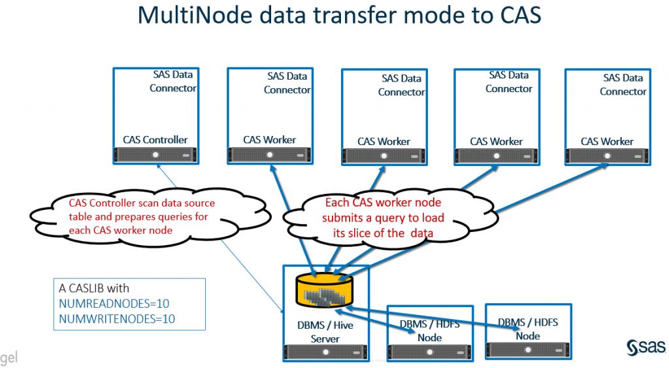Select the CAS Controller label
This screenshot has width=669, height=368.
155,139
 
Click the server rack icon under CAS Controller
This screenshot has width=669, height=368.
155,155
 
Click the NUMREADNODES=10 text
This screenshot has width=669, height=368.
114,304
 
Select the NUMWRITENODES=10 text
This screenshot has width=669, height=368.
117,319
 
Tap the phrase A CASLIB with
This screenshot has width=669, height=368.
94,288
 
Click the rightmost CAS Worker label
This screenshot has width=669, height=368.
607,141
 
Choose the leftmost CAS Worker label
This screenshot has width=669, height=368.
269,139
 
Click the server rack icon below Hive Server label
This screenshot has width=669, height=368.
325,352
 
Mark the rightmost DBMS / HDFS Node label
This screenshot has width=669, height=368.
528,329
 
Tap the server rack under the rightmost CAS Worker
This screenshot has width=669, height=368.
608,156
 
